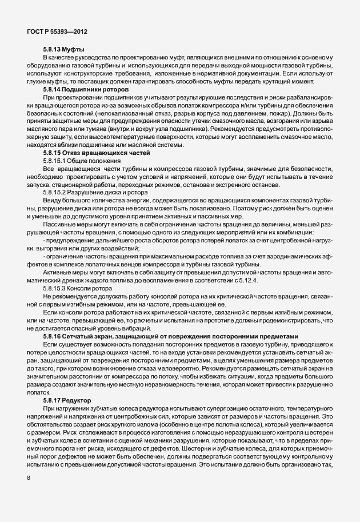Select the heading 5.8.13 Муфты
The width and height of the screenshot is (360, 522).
[64, 50]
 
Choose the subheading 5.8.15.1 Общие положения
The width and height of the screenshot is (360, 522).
[79, 162]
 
